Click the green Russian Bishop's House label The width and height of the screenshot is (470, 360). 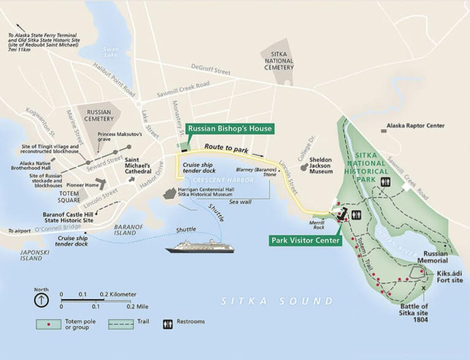coord(229,129)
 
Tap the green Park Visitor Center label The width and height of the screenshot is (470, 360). coord(305,241)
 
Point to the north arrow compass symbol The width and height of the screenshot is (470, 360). coord(41,299)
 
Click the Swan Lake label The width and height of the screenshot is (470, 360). coord(111,52)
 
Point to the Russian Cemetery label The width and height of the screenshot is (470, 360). coord(99,116)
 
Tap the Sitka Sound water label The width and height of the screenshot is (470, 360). coord(277,301)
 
